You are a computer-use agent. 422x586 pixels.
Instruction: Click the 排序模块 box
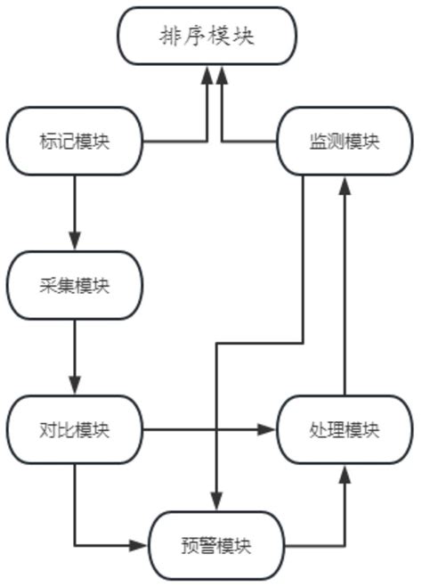[207, 36]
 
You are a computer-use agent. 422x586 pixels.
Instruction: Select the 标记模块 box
[74, 141]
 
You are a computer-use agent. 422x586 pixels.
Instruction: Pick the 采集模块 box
[74, 285]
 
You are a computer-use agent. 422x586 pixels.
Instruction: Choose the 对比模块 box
[74, 429]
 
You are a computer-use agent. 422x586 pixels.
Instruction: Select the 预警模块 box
[215, 544]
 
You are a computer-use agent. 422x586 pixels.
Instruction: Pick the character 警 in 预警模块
[204, 544]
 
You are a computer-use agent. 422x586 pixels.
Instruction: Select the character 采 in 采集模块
[49, 285]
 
